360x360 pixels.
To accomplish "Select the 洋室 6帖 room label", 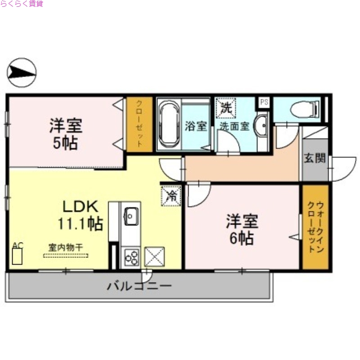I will [x=242, y=229].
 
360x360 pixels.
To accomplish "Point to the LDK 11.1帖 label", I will [x=80, y=215].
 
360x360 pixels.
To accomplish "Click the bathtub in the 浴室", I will [x=168, y=124].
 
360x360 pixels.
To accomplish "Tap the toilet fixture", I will [x=304, y=109].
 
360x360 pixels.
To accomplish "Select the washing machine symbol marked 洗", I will [x=225, y=107].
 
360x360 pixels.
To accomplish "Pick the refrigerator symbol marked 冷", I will [x=171, y=195].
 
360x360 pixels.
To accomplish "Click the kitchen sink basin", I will [x=131, y=216].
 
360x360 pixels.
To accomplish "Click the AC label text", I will [x=17, y=245].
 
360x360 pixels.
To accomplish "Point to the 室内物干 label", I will [x=66, y=247].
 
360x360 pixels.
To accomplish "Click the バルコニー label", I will [x=139, y=286].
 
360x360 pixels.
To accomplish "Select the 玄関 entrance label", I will [x=315, y=158].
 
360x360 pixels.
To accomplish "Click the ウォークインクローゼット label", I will [x=315, y=227].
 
